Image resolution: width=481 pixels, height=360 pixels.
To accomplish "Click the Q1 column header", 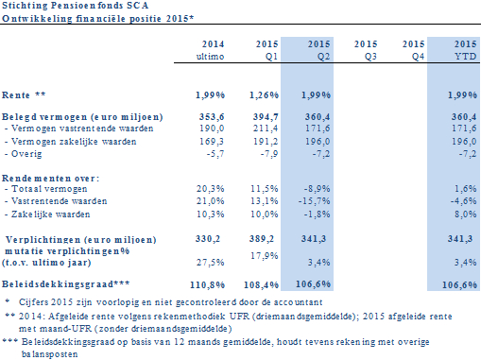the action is [x=271, y=57].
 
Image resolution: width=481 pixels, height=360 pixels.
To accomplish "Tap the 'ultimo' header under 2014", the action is [x=210, y=57].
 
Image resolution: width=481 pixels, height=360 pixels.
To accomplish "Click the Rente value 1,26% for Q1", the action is [x=264, y=95].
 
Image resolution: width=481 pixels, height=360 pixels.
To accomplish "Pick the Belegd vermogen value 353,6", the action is [x=212, y=117].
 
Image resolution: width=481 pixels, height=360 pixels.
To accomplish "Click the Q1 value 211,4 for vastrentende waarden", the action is [x=266, y=129].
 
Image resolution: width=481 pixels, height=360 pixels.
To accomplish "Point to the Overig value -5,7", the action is [x=215, y=154].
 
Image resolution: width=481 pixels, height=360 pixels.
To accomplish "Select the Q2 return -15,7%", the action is [x=314, y=201].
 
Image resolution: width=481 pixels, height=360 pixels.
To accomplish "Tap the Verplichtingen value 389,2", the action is [x=262, y=239].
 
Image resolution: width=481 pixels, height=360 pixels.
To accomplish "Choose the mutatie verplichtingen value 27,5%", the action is [x=210, y=262].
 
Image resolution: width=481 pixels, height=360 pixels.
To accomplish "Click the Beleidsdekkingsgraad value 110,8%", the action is [x=207, y=285].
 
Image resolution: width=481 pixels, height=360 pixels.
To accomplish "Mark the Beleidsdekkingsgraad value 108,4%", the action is [x=261, y=285].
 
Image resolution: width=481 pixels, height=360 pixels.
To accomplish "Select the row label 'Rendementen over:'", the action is [x=50, y=179].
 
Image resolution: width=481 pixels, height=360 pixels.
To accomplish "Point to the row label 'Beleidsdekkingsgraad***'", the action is [x=65, y=284].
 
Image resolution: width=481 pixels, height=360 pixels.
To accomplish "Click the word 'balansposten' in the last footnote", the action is [x=49, y=354].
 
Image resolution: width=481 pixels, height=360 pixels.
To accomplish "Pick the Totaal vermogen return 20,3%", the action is [x=210, y=189].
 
